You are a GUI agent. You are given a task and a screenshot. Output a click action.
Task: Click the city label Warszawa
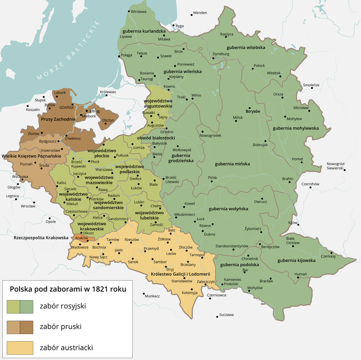pyautogui.click(x=104, y=169)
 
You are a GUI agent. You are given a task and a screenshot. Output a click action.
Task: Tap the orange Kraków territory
pyautogui.click(x=83, y=238)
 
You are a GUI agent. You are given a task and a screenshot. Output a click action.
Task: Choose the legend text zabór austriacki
pyautogui.click(x=66, y=348)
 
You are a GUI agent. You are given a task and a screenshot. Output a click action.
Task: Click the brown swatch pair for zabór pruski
pyautogui.click(x=20, y=327)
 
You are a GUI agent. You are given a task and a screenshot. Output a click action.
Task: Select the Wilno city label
pyautogui.click(x=196, y=95)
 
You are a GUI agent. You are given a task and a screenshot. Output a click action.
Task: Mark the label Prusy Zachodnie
pyautogui.click(x=58, y=119)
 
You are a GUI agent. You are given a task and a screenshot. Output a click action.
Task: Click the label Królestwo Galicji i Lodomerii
pyautogui.click(x=183, y=274)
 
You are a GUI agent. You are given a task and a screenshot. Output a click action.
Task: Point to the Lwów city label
pyautogui.click(x=171, y=254)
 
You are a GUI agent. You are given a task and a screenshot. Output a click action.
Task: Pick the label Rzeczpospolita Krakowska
pyautogui.click(x=41, y=238)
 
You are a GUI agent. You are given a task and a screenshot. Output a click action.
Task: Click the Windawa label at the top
pyautogui.click(x=139, y=12)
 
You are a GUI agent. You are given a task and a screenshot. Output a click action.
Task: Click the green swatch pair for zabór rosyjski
pyautogui.click(x=20, y=306)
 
